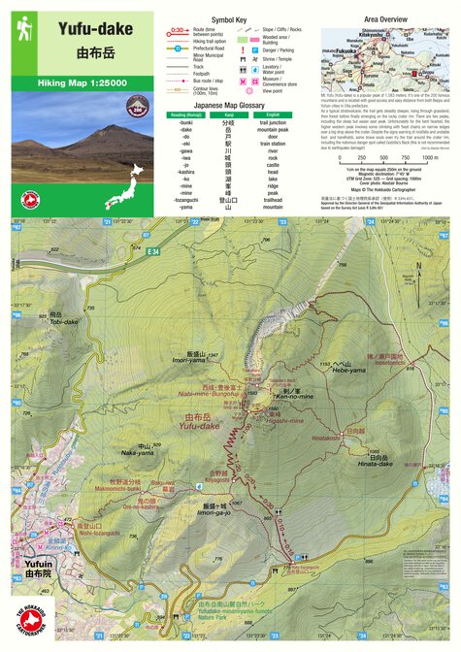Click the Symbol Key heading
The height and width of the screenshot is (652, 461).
229,18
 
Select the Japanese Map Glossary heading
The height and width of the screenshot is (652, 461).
229,104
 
